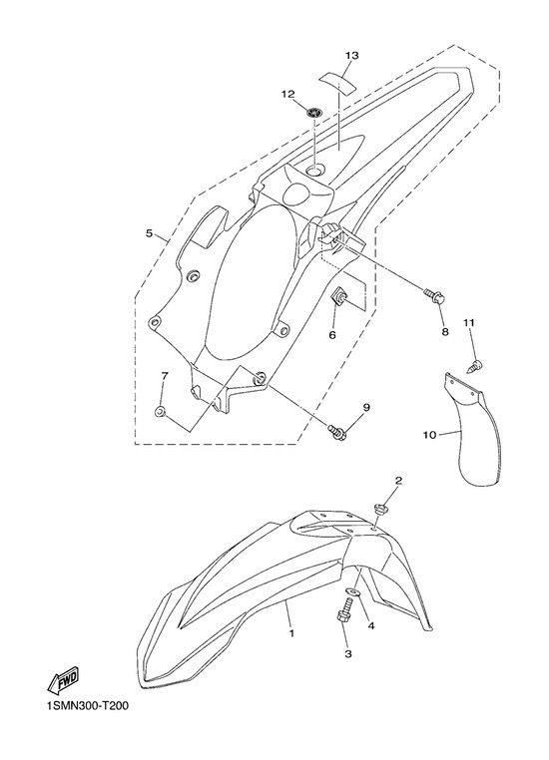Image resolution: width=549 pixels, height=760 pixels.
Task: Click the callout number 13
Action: click(x=352, y=56)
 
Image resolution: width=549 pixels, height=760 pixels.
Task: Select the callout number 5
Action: click(x=149, y=233)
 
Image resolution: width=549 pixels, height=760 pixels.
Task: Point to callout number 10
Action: click(x=429, y=435)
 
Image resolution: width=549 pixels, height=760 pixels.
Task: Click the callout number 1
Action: click(x=291, y=633)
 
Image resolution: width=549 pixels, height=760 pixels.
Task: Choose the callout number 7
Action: click(x=165, y=375)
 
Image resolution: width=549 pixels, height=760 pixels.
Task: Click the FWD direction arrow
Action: click(x=63, y=681)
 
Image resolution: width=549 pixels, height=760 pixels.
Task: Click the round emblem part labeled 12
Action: click(x=314, y=113)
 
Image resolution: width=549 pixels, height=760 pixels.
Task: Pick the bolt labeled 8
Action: click(x=433, y=296)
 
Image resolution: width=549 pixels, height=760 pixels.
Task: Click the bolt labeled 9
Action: click(x=337, y=432)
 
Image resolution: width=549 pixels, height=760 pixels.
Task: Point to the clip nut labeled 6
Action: click(x=337, y=295)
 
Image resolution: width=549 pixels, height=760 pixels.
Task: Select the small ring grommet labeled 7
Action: click(x=160, y=412)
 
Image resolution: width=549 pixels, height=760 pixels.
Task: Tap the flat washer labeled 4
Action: click(x=351, y=591)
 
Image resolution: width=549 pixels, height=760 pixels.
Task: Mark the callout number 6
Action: click(x=332, y=335)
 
